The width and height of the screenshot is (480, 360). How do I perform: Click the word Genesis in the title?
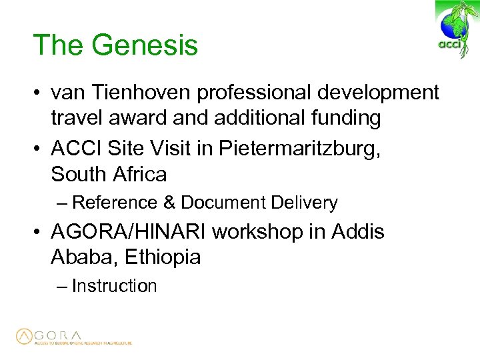145,45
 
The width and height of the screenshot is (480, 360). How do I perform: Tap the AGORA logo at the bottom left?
73,337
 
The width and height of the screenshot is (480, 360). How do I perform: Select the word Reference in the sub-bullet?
114,203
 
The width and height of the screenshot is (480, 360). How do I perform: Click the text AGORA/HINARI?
131,232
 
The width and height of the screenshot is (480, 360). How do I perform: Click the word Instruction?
114,286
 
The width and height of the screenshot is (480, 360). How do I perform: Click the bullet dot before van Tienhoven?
39,93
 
